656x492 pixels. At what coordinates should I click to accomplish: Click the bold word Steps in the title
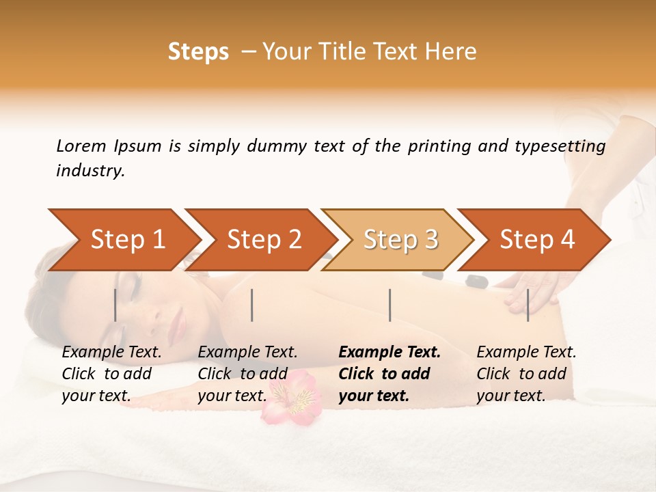(198, 52)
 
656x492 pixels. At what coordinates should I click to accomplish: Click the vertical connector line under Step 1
(115, 305)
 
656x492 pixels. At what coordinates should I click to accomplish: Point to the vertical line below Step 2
(252, 305)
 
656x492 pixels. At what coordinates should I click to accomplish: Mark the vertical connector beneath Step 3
(389, 305)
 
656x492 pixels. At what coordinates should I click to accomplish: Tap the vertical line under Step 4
(528, 305)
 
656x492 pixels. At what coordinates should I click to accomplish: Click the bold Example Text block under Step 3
(389, 374)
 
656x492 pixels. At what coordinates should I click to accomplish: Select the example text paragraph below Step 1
(111, 374)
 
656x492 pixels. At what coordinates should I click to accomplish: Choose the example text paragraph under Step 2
(247, 374)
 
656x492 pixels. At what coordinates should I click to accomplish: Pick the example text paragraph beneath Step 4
(526, 374)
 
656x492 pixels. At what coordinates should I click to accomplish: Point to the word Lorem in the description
(81, 146)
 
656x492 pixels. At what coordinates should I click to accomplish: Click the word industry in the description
(89, 171)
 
